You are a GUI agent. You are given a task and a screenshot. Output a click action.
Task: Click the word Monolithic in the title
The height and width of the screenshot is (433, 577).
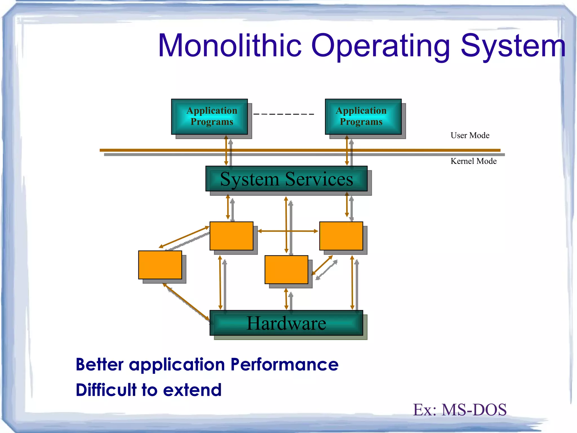pyautogui.click(x=230, y=46)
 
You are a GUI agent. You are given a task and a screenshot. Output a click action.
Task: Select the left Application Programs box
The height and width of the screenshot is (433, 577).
pyautogui.click(x=209, y=116)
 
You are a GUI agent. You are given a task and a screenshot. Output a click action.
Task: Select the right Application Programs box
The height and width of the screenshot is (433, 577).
pyautogui.click(x=363, y=116)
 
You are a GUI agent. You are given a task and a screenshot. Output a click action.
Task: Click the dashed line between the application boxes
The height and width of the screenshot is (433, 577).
pyautogui.click(x=284, y=114)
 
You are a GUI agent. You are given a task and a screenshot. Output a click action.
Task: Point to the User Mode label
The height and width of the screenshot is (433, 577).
pyautogui.click(x=470, y=135)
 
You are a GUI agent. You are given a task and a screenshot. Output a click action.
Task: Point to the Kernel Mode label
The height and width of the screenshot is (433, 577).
pyautogui.click(x=473, y=161)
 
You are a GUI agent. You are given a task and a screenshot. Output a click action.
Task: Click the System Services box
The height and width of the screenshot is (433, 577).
pyautogui.click(x=286, y=179)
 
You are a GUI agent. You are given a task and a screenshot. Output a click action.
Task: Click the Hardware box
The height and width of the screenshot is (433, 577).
pyautogui.click(x=286, y=323)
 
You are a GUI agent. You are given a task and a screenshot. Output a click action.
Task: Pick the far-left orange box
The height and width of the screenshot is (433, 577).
pyautogui.click(x=160, y=265)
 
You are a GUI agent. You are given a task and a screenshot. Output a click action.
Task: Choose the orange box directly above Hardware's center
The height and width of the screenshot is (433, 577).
pyautogui.click(x=286, y=269)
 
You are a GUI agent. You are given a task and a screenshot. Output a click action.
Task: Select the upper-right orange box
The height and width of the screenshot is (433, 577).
pyautogui.click(x=341, y=236)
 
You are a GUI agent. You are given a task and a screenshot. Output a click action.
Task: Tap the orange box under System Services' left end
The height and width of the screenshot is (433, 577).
pyautogui.click(x=231, y=236)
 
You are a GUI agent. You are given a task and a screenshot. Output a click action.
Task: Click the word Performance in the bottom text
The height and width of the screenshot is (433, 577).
pyautogui.click(x=284, y=364)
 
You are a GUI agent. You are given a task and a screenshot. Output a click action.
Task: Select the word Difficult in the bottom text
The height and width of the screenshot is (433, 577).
pyautogui.click(x=106, y=390)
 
